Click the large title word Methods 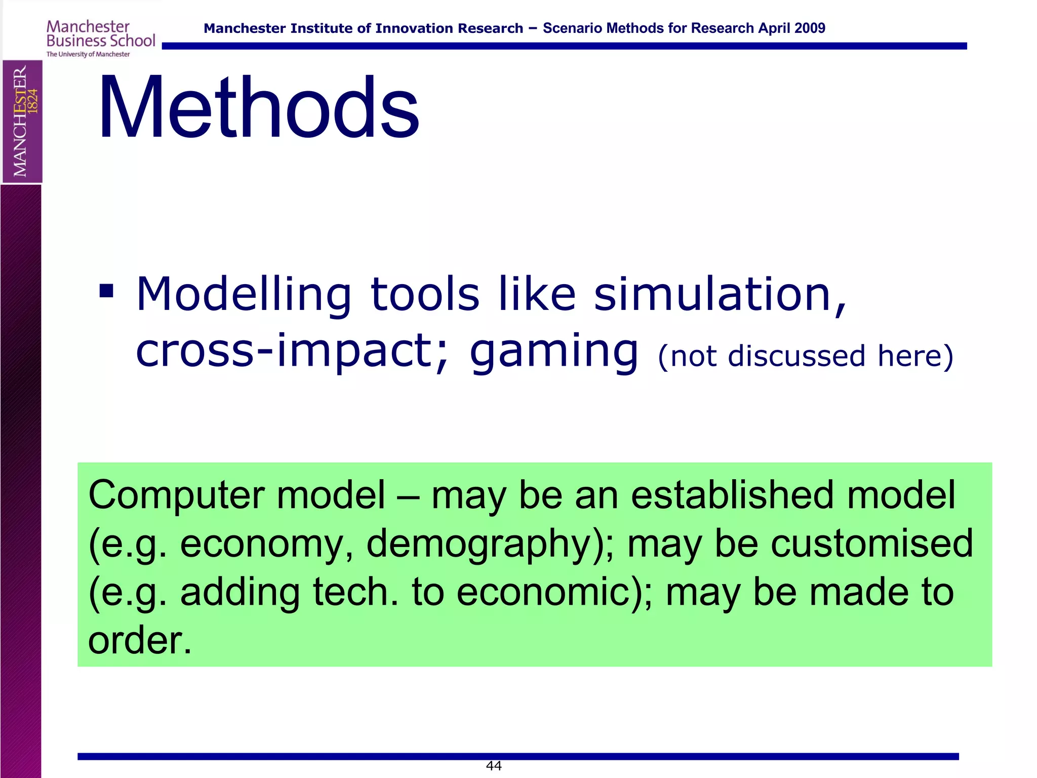click(258, 107)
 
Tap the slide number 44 click(494, 766)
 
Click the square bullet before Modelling click(106, 291)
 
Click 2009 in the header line click(809, 28)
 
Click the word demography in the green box click(479, 543)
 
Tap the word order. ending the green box click(140, 640)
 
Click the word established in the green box click(732, 495)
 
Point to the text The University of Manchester click(88, 54)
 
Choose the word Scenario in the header click(572, 28)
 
